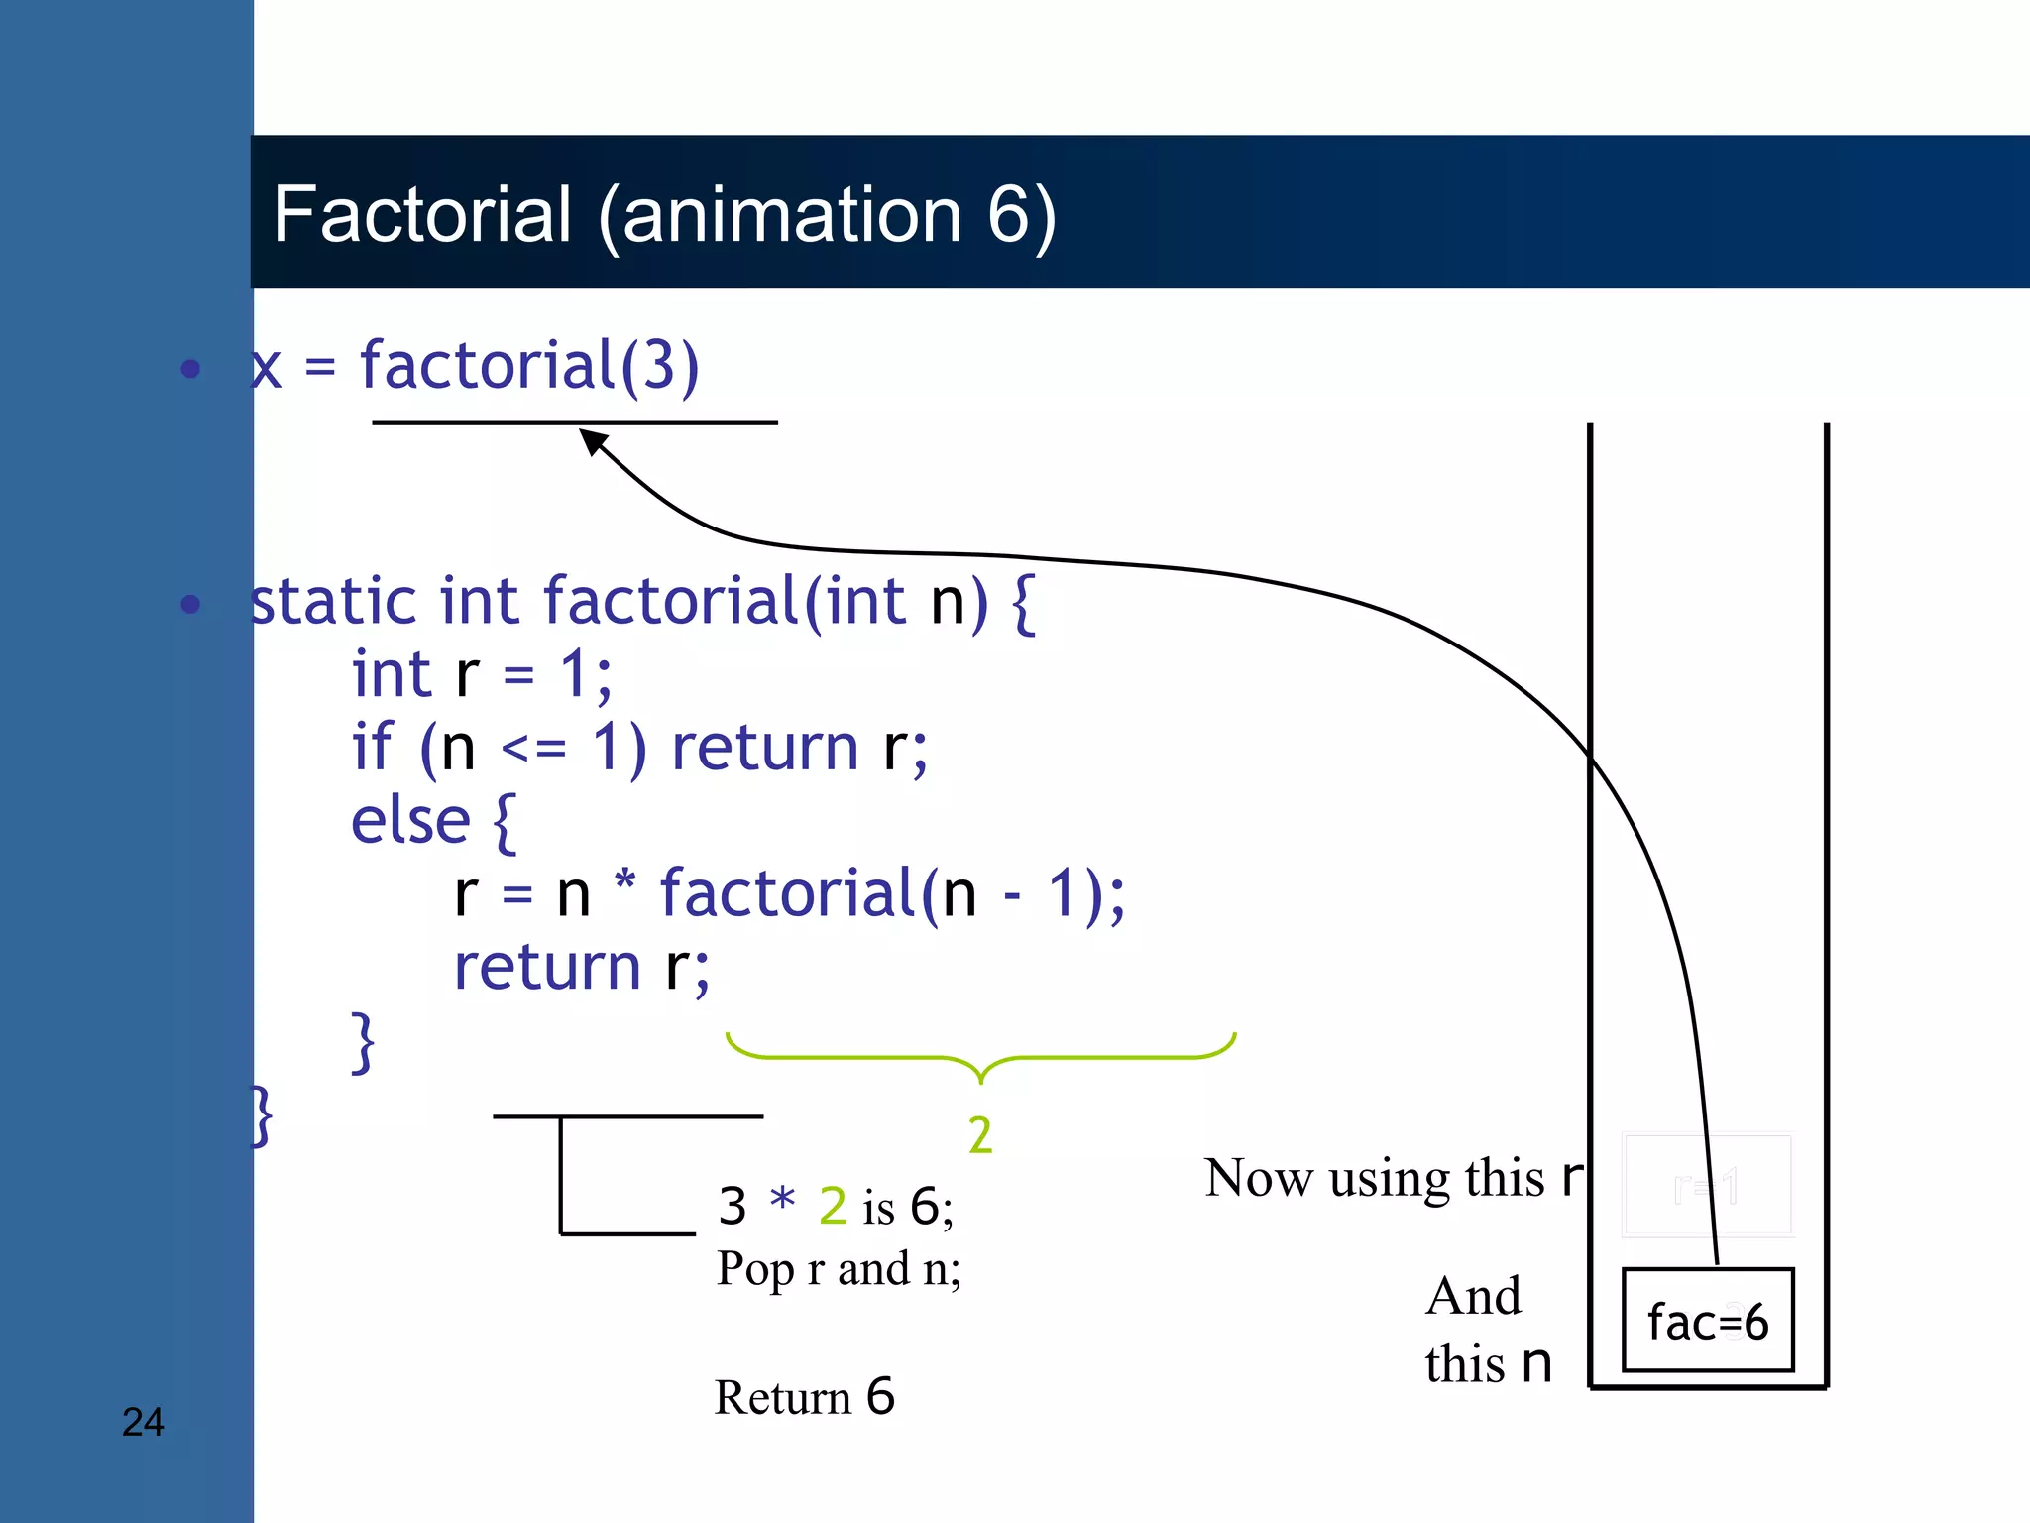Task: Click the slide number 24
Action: (x=143, y=1422)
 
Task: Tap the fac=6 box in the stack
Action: (x=1707, y=1321)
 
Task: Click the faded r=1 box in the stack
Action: (x=1707, y=1186)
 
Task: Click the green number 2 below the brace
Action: (x=979, y=1135)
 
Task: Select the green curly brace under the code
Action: (x=979, y=1057)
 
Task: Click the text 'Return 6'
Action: (x=804, y=1397)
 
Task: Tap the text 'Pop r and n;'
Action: (x=839, y=1268)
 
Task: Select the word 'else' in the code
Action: (x=410, y=821)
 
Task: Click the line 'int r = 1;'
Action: (x=482, y=675)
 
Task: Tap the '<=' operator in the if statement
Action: (x=533, y=748)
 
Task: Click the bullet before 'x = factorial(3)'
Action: (x=191, y=369)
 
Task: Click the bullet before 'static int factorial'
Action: (x=191, y=604)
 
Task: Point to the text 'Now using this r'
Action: (x=1392, y=1178)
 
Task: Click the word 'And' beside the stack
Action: (x=1473, y=1296)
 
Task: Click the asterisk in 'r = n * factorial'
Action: (x=624, y=880)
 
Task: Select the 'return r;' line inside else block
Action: (x=582, y=968)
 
